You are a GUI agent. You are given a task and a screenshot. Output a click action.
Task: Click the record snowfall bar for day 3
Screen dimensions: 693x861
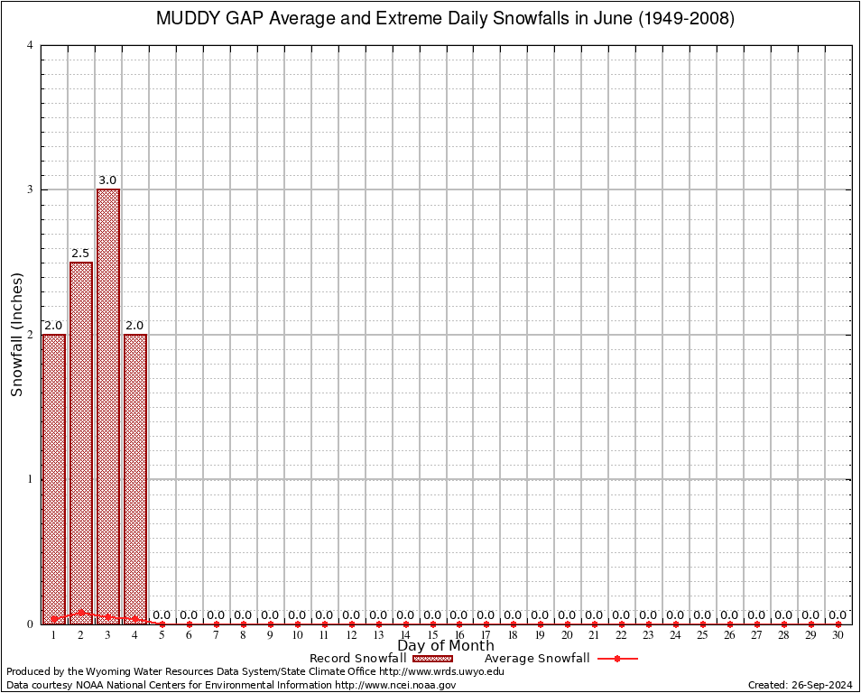pyautogui.click(x=108, y=406)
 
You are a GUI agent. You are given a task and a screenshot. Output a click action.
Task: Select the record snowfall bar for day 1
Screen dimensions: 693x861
pyautogui.click(x=54, y=478)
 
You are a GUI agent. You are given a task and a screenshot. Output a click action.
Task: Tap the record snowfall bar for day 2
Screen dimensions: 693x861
pyautogui.click(x=81, y=442)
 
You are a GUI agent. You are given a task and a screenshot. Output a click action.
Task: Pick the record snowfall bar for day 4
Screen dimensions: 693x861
pyautogui.click(x=135, y=478)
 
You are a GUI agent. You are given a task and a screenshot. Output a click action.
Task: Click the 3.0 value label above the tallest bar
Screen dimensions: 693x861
pyautogui.click(x=108, y=181)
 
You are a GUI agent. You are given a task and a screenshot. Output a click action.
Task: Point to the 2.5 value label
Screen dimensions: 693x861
pyautogui.click(x=81, y=254)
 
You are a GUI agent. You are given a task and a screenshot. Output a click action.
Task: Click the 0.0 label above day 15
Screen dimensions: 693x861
pyautogui.click(x=432, y=615)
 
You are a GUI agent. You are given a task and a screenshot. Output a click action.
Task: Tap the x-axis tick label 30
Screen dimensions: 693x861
pyautogui.click(x=838, y=635)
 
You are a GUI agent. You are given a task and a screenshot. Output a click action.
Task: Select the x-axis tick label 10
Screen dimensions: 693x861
pyautogui.click(x=297, y=635)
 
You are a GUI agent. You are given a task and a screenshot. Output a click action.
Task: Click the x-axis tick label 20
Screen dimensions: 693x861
pyautogui.click(x=567, y=635)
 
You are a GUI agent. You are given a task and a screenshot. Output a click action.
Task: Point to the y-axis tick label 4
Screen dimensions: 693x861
pyautogui.click(x=31, y=45)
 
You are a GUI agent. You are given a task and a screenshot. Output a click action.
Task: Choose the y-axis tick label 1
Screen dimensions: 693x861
pyautogui.click(x=31, y=479)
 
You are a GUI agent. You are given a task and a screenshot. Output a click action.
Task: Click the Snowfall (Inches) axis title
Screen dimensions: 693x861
pyautogui.click(x=16, y=335)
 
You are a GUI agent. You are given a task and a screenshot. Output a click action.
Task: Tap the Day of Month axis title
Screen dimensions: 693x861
pyautogui.click(x=446, y=646)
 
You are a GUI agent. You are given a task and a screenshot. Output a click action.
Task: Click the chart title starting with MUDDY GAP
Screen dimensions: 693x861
pyautogui.click(x=446, y=19)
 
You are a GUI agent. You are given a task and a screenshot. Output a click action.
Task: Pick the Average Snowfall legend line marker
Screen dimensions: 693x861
pyautogui.click(x=617, y=659)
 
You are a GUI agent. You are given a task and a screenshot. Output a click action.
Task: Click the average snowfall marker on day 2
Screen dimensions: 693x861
pyautogui.click(x=81, y=612)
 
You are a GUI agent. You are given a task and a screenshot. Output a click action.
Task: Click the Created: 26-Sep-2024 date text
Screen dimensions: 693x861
pyautogui.click(x=800, y=685)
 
